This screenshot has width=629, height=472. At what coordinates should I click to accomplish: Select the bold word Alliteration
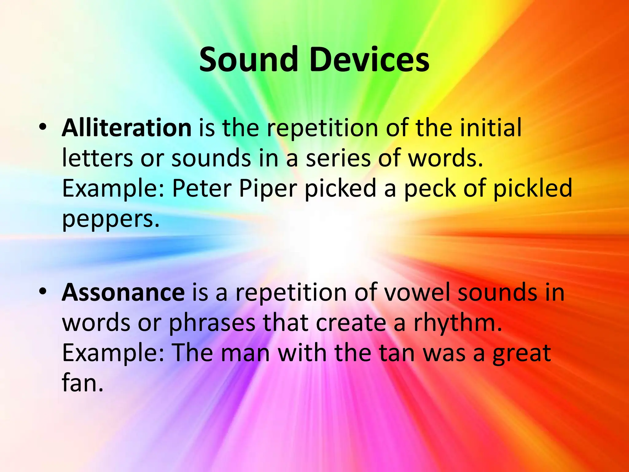[x=127, y=128]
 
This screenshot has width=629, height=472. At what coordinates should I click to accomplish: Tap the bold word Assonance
[x=123, y=293]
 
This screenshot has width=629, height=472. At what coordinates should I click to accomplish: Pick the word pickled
[x=533, y=189]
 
